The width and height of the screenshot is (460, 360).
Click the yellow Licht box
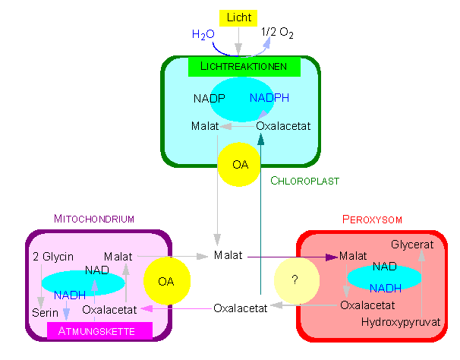238,17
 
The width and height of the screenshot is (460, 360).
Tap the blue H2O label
203,35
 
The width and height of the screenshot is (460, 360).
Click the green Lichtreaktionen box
244,67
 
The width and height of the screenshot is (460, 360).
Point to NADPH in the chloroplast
269,98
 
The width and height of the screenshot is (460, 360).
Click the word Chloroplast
304,181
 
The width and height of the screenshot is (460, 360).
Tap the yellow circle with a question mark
294,279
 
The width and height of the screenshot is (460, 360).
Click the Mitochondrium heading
94,219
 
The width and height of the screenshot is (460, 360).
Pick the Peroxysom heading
372,219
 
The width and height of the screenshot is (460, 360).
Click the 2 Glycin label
53,257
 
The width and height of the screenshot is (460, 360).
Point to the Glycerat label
413,245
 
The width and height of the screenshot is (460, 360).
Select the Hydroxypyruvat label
402,322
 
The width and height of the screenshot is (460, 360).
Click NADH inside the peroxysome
386,288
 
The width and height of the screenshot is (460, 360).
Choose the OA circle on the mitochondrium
165,281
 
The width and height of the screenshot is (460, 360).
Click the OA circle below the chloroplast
240,163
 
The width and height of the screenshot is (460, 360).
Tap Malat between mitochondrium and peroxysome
228,255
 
